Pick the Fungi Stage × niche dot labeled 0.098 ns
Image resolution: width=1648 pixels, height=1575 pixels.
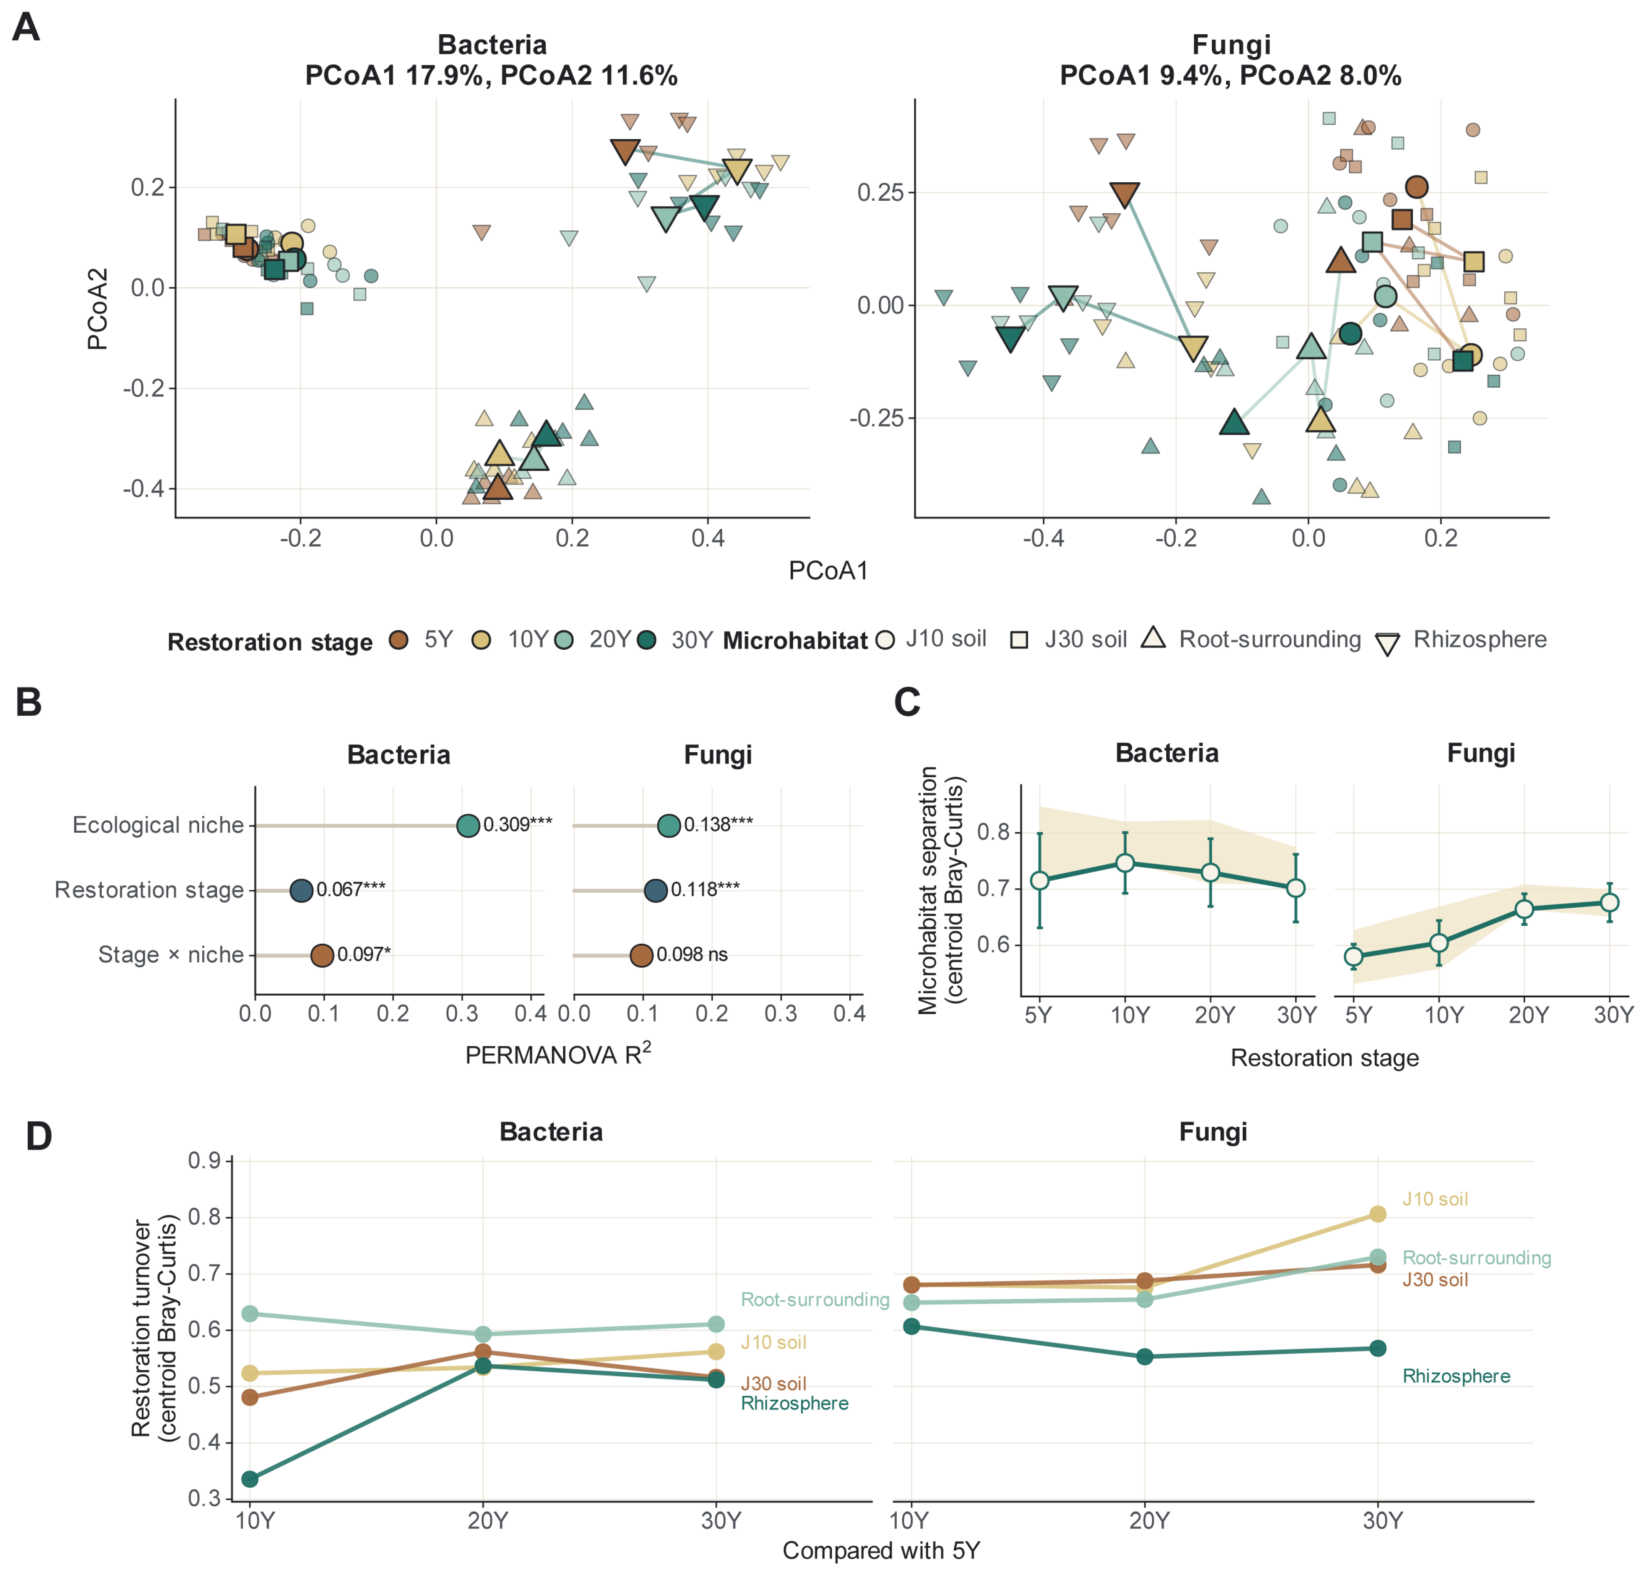[x=642, y=955]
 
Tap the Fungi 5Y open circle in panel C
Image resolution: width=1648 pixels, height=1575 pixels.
[x=1353, y=956]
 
